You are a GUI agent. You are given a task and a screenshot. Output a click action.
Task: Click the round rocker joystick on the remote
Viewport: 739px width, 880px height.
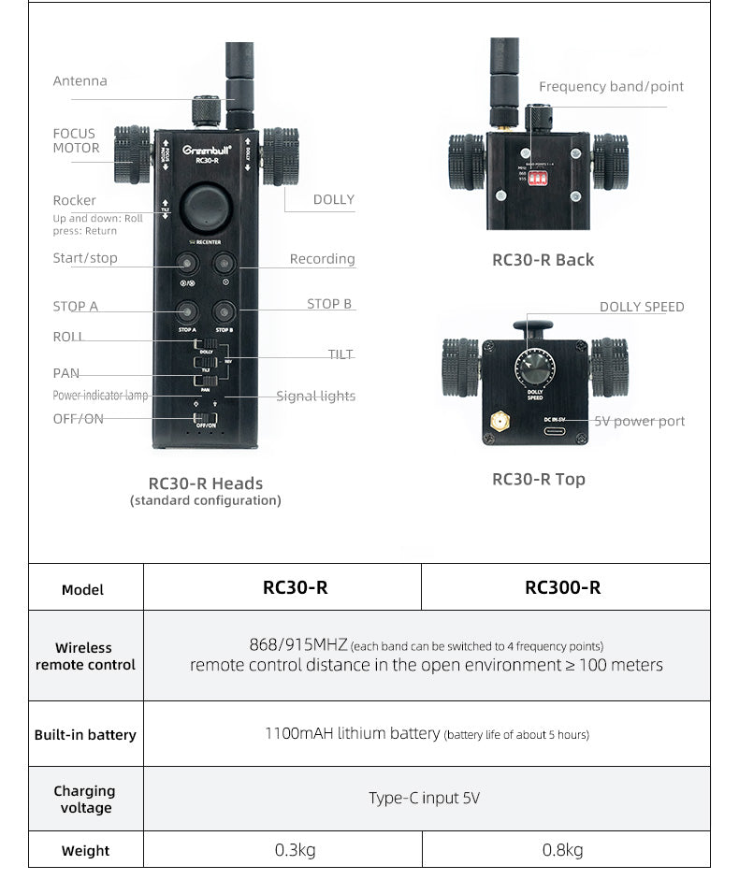[x=207, y=208]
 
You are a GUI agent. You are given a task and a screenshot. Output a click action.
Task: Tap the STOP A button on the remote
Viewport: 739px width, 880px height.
[x=187, y=311]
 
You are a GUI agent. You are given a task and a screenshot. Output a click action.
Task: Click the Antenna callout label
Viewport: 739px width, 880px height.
[x=80, y=81]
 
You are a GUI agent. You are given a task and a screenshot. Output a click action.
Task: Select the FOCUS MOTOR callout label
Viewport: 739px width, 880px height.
[x=76, y=141]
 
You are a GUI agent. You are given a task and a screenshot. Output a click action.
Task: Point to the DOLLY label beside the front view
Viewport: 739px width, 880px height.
[x=333, y=199]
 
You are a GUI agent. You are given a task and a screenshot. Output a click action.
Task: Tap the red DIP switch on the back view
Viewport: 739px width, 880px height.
[x=537, y=182]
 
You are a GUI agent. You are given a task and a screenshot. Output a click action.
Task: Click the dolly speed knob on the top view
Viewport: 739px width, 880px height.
[x=536, y=364]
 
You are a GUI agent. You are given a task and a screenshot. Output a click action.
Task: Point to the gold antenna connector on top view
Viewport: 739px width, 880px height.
[x=500, y=424]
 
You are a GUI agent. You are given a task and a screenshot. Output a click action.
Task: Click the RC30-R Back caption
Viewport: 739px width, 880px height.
[x=543, y=260]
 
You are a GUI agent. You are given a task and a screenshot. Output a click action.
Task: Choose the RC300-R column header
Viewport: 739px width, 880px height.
[x=563, y=588]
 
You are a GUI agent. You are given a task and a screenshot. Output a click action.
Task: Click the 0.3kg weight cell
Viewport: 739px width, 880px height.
[x=295, y=850]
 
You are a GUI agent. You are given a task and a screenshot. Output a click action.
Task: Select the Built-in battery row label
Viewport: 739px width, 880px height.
[x=85, y=735]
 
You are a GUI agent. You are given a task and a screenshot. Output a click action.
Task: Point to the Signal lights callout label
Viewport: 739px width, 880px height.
[x=315, y=397]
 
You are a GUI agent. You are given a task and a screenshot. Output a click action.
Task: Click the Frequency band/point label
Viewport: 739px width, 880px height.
[x=611, y=87]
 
